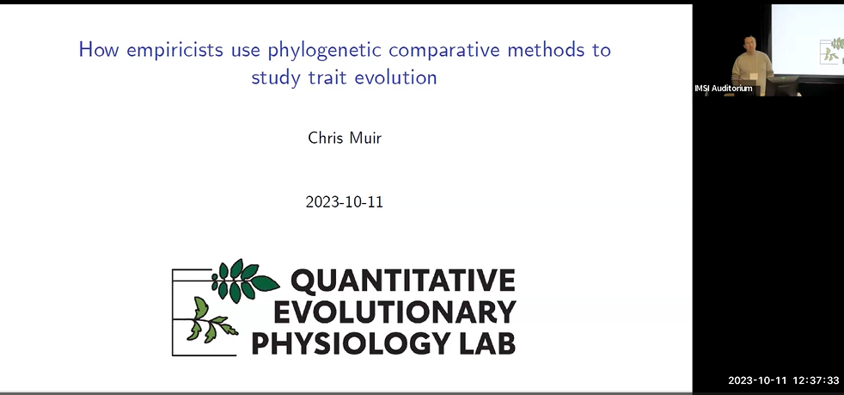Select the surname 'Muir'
(365, 138)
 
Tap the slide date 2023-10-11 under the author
(344, 204)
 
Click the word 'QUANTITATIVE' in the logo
(402, 281)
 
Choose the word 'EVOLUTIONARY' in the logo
(383, 312)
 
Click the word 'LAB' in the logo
(486, 342)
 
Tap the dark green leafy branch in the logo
(243, 280)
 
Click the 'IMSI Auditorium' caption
(723, 89)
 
